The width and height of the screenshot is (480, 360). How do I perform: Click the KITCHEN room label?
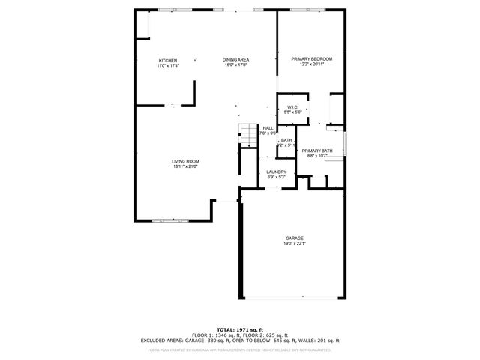tap(167, 60)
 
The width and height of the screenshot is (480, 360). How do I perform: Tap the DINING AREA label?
tap(236, 60)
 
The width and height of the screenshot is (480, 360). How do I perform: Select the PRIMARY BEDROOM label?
tap(311, 59)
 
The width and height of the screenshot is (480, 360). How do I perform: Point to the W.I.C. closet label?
tap(292, 107)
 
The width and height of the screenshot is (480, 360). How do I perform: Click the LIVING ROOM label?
tap(185, 161)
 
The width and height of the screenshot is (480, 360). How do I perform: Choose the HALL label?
tap(268, 128)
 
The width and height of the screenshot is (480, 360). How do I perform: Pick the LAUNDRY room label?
tap(276, 172)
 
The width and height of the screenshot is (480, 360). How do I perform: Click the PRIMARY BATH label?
tap(316, 151)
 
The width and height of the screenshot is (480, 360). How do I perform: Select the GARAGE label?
tap(294, 238)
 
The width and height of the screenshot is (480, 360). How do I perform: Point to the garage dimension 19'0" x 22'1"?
tap(294, 243)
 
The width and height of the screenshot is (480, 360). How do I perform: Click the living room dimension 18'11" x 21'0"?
tap(185, 166)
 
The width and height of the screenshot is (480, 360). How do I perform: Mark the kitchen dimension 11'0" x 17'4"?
tap(167, 65)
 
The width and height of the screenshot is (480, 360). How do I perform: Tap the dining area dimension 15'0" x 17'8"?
tap(236, 65)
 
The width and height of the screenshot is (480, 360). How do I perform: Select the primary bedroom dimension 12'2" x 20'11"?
tap(311, 64)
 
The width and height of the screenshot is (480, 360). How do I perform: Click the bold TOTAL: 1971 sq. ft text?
tap(240, 329)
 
